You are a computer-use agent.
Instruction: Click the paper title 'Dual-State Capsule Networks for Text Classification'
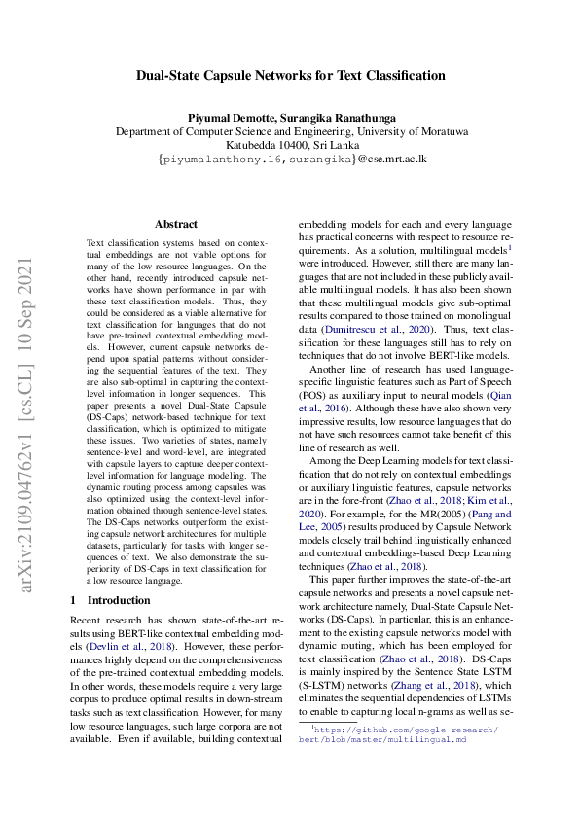[290, 75]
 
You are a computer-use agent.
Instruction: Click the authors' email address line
[290, 160]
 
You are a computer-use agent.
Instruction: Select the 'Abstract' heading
[176, 224]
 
